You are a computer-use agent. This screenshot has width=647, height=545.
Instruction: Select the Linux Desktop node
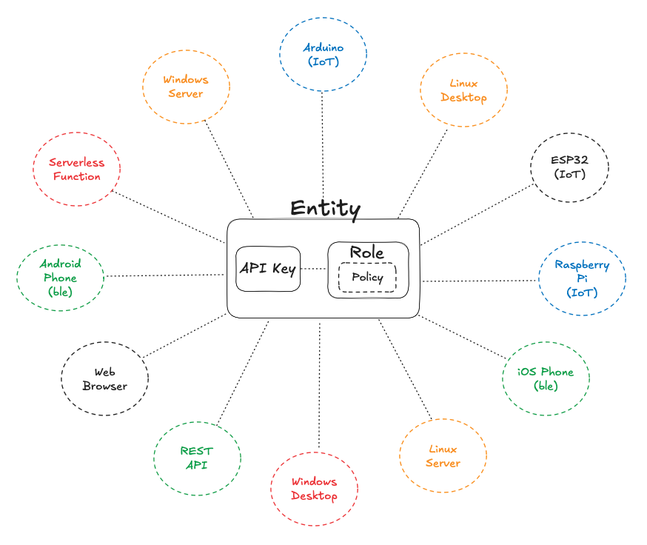[463, 90]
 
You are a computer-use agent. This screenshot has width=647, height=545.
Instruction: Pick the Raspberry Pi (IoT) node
[582, 278]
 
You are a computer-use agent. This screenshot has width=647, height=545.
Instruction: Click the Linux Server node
[443, 456]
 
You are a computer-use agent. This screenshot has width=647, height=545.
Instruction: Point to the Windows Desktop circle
[315, 489]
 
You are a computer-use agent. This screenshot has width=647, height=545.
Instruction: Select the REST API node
[197, 457]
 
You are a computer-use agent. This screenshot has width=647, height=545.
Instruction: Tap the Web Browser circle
[104, 379]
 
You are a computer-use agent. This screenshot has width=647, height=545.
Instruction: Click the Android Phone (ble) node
[61, 277]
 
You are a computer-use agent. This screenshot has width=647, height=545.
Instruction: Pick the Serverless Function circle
[76, 169]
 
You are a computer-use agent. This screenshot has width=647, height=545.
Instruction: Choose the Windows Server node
[186, 86]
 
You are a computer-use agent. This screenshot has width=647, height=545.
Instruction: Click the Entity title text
[325, 208]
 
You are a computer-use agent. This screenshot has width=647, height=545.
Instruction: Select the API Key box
[268, 268]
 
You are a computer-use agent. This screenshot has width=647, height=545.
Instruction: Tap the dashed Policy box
[367, 278]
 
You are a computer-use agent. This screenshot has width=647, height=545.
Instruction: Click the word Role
[367, 253]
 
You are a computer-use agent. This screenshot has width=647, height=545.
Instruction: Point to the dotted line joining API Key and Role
[314, 268]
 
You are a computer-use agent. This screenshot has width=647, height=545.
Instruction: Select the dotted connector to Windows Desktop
[319, 385]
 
